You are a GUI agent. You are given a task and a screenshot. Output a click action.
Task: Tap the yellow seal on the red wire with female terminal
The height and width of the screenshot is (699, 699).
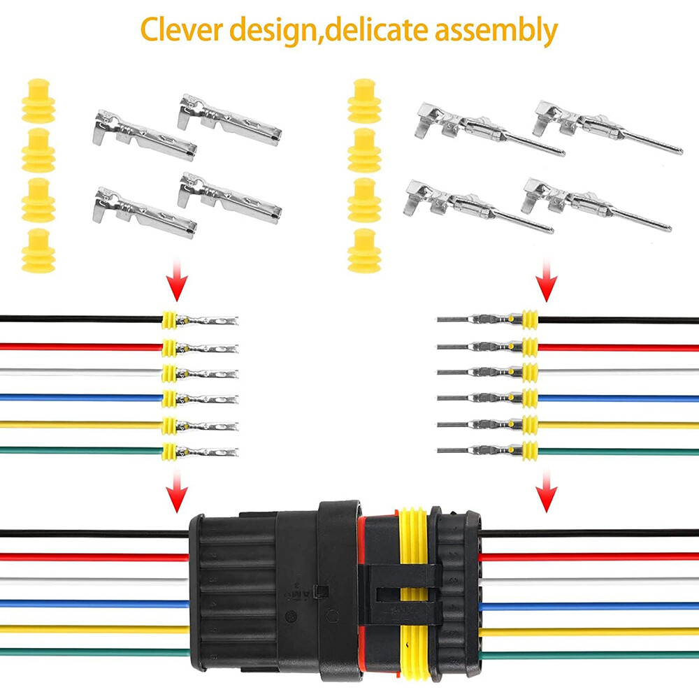pyautogui.click(x=168, y=347)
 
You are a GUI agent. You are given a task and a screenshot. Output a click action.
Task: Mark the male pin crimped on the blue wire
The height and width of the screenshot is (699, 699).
pyautogui.click(x=479, y=398)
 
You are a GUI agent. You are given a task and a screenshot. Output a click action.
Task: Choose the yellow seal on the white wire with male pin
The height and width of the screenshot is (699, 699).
pyautogui.click(x=530, y=371)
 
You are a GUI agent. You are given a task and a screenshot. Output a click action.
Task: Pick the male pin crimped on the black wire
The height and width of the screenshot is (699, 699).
pyautogui.click(x=479, y=320)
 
